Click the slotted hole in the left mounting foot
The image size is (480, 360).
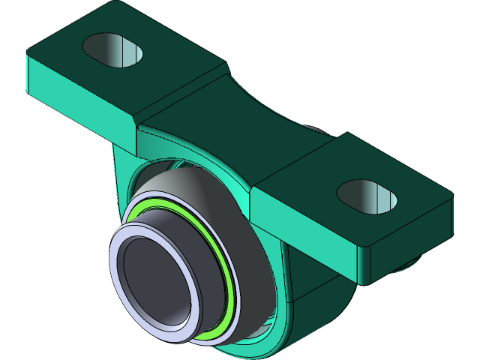click(x=112, y=49)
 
